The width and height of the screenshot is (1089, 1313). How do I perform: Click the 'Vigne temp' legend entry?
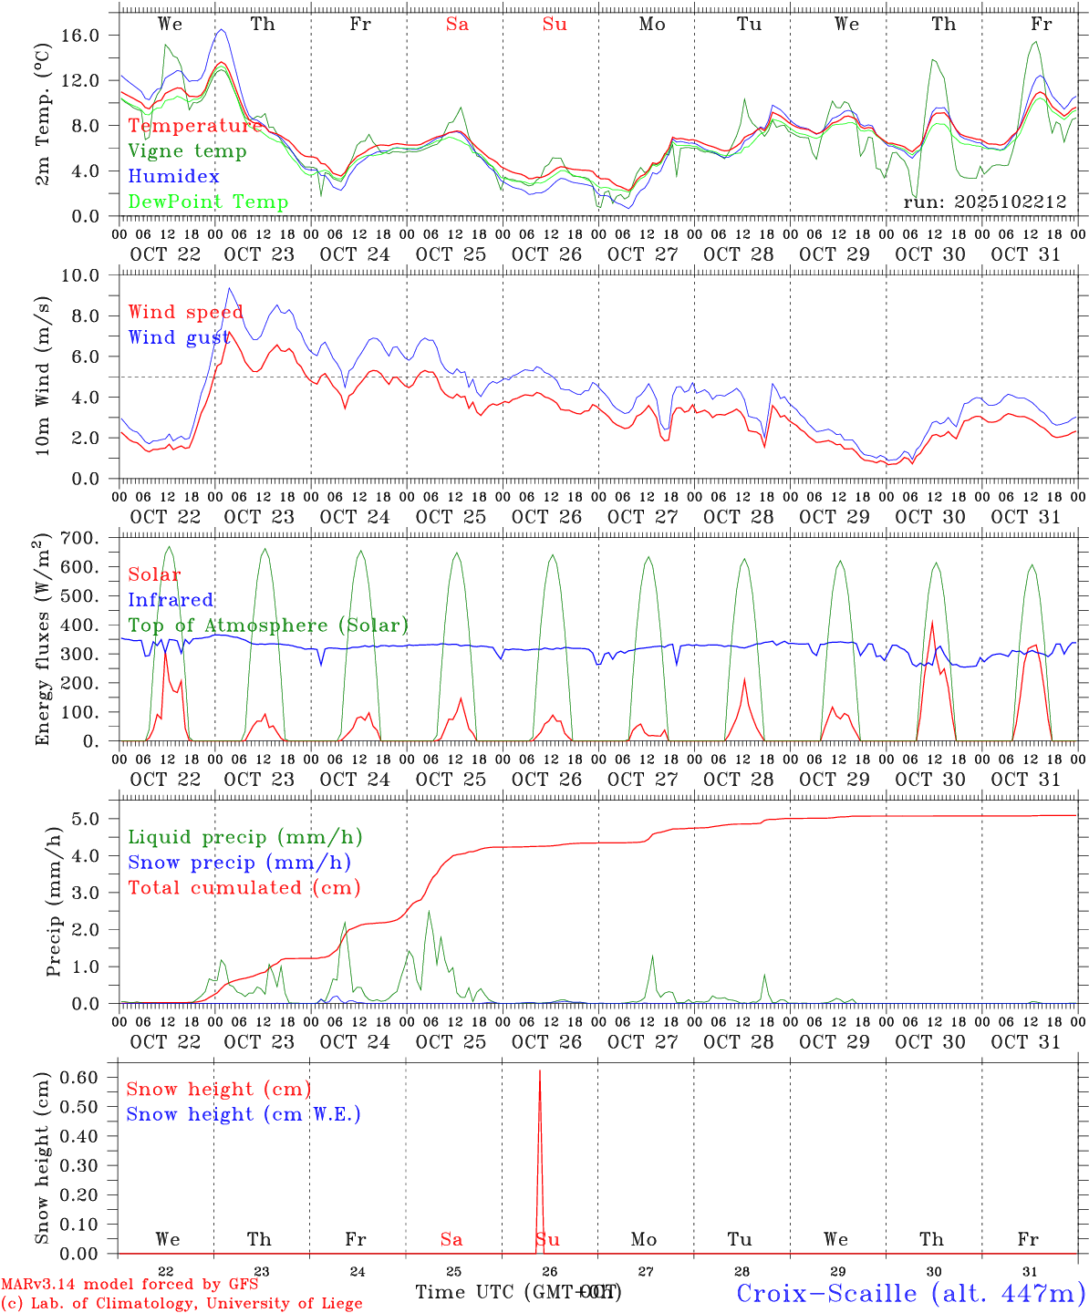coord(187,151)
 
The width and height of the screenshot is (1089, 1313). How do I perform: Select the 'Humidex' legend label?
coord(173,176)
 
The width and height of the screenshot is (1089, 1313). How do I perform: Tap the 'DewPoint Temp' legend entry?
coord(208,202)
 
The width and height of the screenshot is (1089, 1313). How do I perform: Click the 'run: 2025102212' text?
coord(984,202)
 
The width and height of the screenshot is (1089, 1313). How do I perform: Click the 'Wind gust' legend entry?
coord(179,337)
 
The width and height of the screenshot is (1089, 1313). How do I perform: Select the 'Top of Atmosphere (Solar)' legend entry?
coord(268,625)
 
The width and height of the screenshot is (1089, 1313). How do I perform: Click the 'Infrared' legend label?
coord(171,600)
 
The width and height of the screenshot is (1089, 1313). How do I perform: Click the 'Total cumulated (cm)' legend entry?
coord(244,887)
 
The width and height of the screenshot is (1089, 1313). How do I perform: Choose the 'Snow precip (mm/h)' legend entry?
coord(239,863)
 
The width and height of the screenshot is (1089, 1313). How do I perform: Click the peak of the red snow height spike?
coord(540,1071)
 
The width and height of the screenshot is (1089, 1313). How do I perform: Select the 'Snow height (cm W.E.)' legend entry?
coord(244,1114)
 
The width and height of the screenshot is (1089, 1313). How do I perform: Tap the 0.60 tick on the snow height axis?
coord(90,1077)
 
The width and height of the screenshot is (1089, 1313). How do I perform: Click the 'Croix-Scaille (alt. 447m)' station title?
coord(910,1293)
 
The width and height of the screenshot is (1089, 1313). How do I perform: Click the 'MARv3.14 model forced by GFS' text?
coord(130,1285)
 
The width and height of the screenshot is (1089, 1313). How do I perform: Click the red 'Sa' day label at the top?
coord(457,24)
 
